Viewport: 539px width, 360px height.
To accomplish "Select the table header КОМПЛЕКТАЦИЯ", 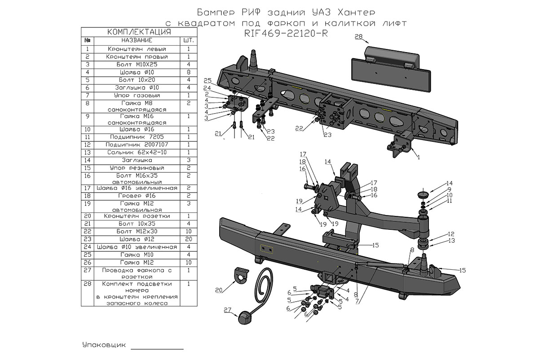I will pos(139,32).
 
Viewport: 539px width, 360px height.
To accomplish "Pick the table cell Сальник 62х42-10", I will pos(137,153).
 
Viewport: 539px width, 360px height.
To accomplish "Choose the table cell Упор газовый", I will pos(137,96).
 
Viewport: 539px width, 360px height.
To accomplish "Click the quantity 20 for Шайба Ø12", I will pos(189,239).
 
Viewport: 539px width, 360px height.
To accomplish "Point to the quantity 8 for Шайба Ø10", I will pos(189,72).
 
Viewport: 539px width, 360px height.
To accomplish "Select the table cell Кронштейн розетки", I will pos(137,216).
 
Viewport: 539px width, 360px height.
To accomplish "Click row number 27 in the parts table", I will pos(87,271).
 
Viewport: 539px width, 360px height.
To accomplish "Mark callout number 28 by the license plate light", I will pos(358,37).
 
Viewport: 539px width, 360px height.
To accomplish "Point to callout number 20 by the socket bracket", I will pos(219,290).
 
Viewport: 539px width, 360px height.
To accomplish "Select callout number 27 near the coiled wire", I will pos(227,310).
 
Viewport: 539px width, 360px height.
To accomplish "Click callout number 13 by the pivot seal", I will pos(451,241).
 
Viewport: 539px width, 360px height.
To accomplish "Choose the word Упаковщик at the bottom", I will pos(104,345).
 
